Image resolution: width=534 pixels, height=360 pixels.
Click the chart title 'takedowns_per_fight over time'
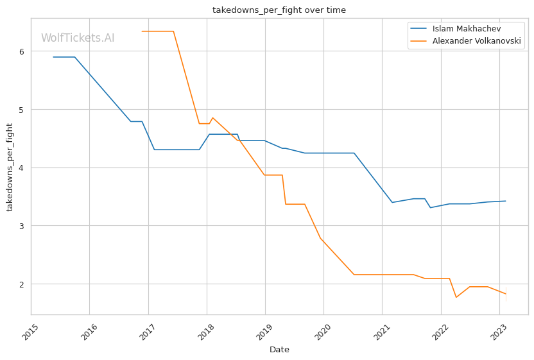point(279,10)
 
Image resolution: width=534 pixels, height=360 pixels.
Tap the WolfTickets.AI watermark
point(78,38)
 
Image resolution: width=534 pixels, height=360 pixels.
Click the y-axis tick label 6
point(22,51)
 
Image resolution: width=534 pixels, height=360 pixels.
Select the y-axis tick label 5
point(22,110)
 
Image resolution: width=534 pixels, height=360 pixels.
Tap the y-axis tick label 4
point(22,168)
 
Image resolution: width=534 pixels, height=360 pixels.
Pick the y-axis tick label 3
point(22,226)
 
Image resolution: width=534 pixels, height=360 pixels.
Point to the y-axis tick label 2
point(22,284)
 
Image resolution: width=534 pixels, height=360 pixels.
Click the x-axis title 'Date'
point(279,350)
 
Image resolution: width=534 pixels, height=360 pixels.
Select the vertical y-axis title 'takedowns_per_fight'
point(10,167)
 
